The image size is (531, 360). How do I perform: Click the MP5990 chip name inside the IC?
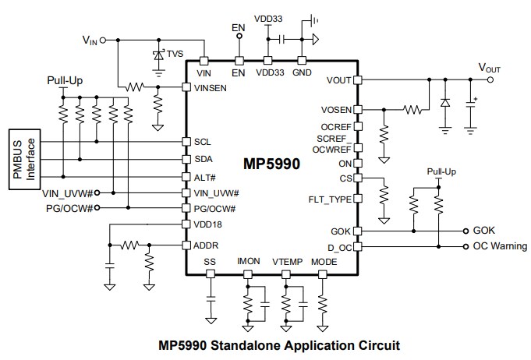[x=271, y=165]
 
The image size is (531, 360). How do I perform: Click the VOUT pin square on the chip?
[x=358, y=79]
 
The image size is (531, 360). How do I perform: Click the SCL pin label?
[x=201, y=142]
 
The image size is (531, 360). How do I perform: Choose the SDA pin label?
[x=202, y=159]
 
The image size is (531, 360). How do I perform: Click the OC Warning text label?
[x=500, y=246]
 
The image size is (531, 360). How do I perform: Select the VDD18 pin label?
[x=206, y=224]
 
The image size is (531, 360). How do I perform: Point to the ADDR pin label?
[x=205, y=245]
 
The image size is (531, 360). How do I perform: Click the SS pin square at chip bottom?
[x=209, y=274]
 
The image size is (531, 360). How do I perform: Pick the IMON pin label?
[x=248, y=262]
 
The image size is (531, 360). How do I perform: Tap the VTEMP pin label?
[x=286, y=262]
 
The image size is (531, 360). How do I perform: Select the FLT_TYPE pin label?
[x=330, y=199]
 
